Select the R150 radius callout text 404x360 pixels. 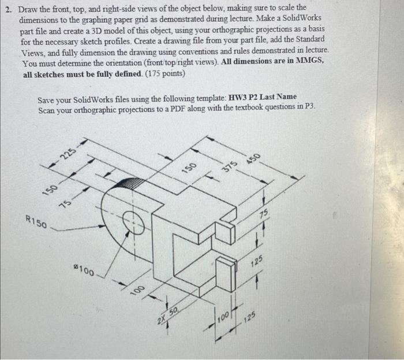point(37,221)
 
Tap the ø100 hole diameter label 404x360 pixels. point(85,270)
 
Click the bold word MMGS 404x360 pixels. point(311,64)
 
